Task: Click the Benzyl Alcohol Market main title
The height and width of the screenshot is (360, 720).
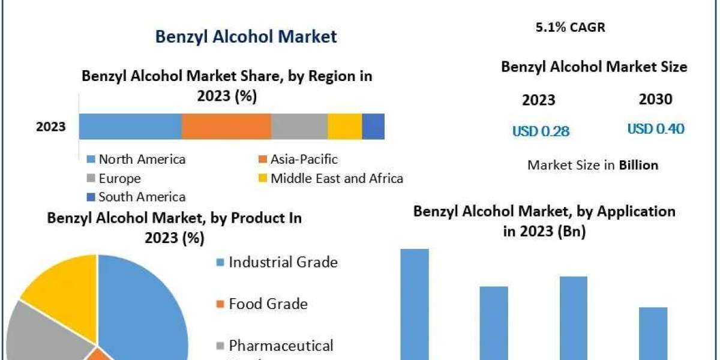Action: (246, 36)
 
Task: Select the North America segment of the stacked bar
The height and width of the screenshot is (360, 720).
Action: (130, 127)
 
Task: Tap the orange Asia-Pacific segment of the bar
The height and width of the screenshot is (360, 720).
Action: (226, 127)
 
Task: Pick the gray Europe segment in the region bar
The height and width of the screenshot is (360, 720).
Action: (299, 127)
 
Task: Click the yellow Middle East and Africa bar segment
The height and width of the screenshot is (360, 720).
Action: (344, 127)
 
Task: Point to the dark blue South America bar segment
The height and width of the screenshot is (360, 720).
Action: (373, 127)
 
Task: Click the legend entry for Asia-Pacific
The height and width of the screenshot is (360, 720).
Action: (303, 159)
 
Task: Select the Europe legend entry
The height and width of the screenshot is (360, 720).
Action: (119, 178)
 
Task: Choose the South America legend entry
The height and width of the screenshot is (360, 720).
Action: (142, 197)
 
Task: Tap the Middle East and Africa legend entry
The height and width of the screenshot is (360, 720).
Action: (336, 178)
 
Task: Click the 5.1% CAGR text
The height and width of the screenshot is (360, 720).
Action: (569, 28)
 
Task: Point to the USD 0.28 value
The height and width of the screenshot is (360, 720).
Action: (541, 131)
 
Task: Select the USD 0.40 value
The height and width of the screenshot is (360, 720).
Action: (656, 129)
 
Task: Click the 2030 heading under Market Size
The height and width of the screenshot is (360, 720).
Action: (656, 100)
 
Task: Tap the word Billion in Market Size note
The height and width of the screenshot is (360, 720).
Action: (638, 165)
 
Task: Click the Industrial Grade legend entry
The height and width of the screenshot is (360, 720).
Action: (283, 262)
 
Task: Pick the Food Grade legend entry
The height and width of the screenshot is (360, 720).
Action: (268, 304)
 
